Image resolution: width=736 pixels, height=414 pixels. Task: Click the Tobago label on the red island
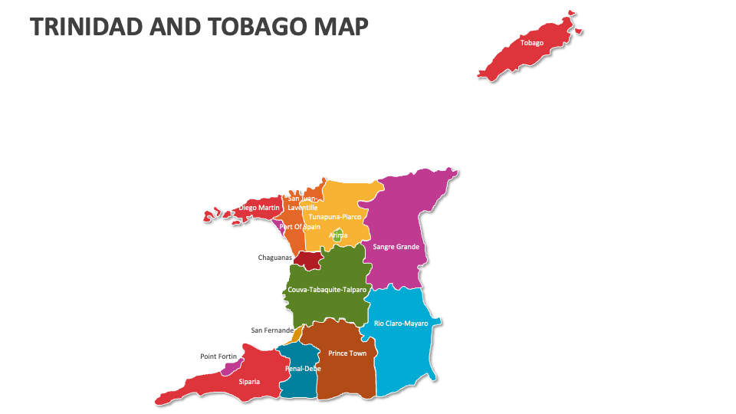pos(531,43)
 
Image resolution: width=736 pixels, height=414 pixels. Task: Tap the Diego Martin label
pos(259,208)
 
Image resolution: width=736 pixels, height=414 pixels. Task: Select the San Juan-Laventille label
pos(301,203)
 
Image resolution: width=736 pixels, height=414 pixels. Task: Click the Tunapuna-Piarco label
pos(334,217)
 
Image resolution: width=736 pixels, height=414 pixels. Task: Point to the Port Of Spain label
pos(300,227)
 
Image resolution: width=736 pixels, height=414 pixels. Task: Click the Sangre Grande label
pos(396,247)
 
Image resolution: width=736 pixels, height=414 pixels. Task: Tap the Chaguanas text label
pos(274,258)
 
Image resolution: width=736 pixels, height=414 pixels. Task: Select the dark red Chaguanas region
pos(308,261)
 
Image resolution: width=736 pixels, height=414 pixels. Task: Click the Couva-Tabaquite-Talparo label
pos(327,290)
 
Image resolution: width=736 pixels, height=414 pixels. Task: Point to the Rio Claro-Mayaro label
pos(401,324)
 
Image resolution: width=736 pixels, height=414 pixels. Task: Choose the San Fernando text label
pos(272,330)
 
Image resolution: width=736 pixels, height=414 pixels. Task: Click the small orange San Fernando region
pos(297,334)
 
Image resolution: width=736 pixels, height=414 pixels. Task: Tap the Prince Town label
pos(347,353)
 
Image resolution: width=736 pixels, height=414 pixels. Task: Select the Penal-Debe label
pos(303,369)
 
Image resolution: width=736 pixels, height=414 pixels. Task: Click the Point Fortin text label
pos(219,356)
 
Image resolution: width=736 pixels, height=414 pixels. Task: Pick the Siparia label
pos(249,382)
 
